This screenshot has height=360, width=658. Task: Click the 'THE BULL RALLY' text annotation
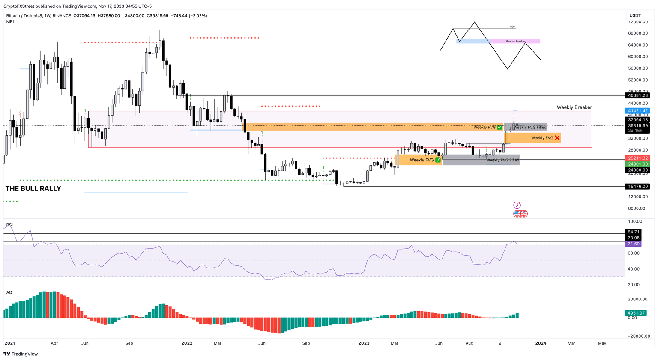(33, 189)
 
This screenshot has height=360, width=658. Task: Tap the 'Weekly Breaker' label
(574, 107)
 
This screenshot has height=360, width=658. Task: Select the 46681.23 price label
(638, 96)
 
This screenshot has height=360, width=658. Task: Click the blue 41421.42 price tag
(638, 111)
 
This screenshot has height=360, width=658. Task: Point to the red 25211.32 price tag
(638, 158)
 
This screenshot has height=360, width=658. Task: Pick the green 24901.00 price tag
(638, 164)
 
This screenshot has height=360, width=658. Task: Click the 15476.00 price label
(638, 187)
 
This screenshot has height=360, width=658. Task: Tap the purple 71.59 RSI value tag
(634, 244)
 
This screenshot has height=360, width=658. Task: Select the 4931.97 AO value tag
(636, 313)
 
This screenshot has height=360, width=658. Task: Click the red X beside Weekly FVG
(557, 138)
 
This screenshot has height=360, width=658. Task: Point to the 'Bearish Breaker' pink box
(515, 42)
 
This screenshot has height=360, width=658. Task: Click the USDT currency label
(635, 16)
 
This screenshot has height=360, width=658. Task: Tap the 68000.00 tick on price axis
(637, 33)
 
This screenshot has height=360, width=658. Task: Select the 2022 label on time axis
(187, 343)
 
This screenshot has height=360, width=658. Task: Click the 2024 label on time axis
(541, 343)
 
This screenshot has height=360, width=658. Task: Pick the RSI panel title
(9, 225)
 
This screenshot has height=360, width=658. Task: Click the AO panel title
(9, 293)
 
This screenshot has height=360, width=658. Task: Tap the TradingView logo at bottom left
(21, 354)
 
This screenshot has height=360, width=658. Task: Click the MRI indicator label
(10, 22)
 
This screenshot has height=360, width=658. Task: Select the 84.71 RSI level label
(634, 232)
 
